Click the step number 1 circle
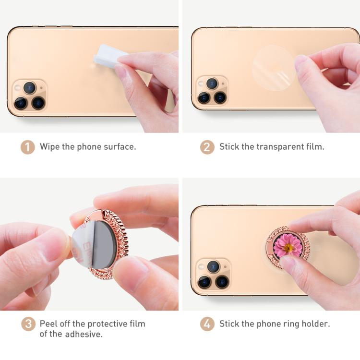27,146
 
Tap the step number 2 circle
207,146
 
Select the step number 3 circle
28,324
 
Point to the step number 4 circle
207,324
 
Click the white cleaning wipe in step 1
108,57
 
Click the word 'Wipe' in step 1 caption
50,146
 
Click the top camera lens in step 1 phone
30,87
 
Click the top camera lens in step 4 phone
213,266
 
